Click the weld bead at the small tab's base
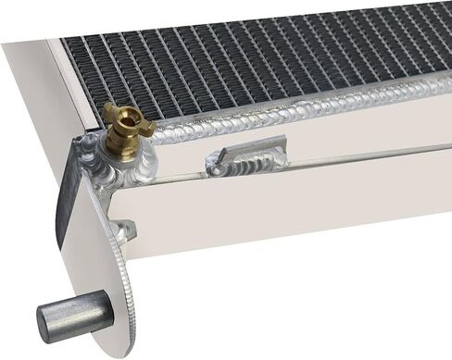click(x=245, y=168)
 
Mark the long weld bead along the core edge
click(x=306, y=110)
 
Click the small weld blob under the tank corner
click(x=123, y=229)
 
